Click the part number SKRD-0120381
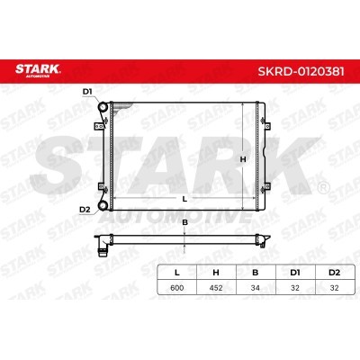click(301, 71)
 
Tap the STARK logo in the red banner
click(38, 70)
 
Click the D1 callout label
click(87, 92)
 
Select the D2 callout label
click(85, 210)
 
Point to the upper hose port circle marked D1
click(103, 107)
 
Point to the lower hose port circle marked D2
click(103, 205)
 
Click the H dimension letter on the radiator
click(243, 159)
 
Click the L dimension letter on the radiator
click(184, 199)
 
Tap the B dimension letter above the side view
click(185, 222)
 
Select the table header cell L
click(177, 273)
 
